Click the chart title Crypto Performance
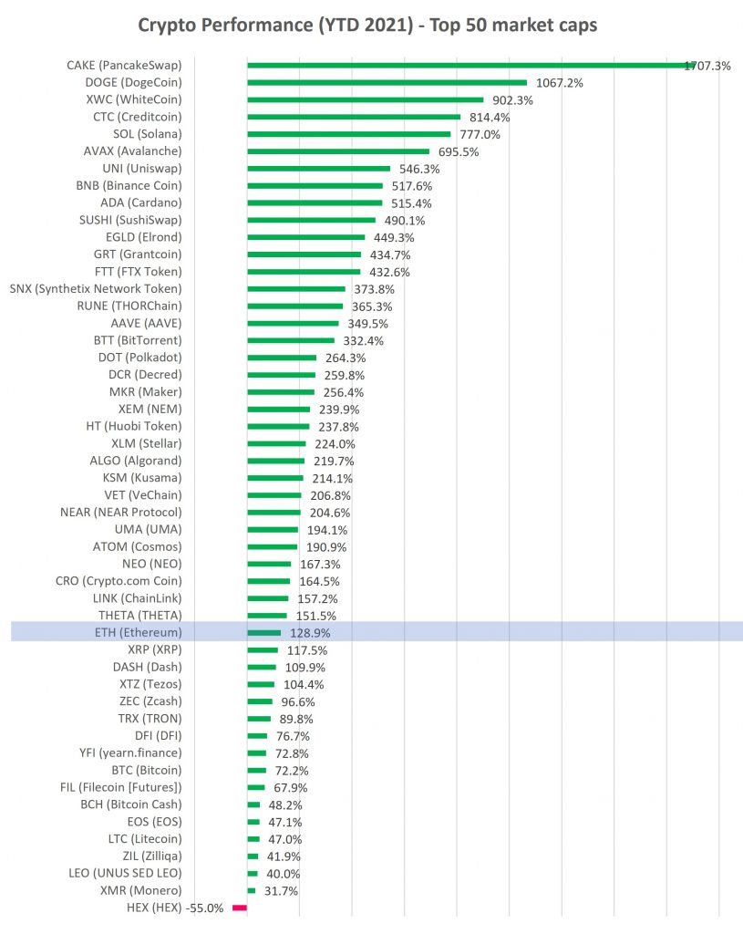pos(367,25)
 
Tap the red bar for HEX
pos(240,908)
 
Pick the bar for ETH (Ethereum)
pos(263,632)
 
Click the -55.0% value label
pos(204,908)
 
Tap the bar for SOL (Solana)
pos(348,134)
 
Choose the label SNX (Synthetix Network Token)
pos(96,288)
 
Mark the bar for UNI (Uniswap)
pos(318,168)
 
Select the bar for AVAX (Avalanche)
pos(337,150)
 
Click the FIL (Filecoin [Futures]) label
pos(124,787)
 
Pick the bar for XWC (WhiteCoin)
pos(365,99)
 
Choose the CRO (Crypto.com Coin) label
pos(119,581)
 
